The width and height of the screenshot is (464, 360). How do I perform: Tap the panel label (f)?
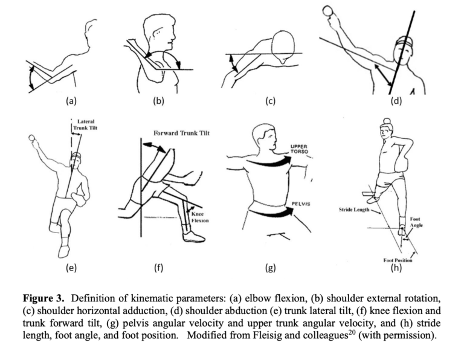(159, 268)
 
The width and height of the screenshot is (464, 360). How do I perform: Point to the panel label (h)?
(396, 268)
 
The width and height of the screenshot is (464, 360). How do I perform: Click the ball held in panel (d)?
(329, 10)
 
